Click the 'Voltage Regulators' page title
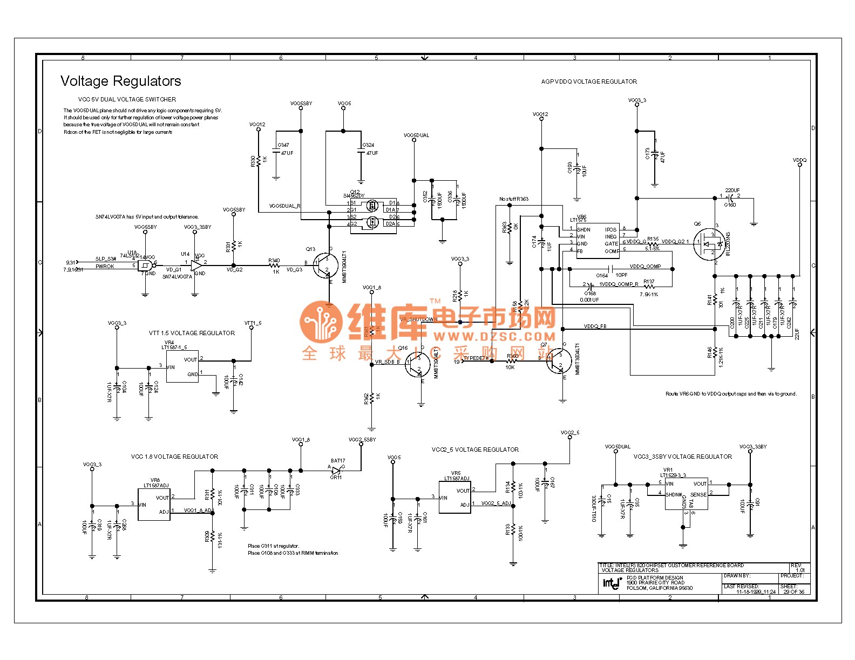coord(120,81)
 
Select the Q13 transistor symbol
coord(325,265)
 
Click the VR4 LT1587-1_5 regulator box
coord(182,366)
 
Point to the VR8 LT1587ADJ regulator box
coord(154,504)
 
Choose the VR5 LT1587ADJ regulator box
coord(454,497)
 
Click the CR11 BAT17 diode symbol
coord(336,470)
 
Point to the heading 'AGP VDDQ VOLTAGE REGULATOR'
coord(589,82)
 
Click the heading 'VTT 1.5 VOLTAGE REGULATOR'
coord(192,333)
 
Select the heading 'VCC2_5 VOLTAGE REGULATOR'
coord(475,450)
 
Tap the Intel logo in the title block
coord(611,583)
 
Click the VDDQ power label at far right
coord(799,160)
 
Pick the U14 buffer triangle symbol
coord(196,265)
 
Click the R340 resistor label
coord(274,261)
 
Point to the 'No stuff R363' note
coord(513,199)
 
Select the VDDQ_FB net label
coord(595,326)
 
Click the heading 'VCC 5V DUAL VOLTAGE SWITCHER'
coord(127,99)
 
